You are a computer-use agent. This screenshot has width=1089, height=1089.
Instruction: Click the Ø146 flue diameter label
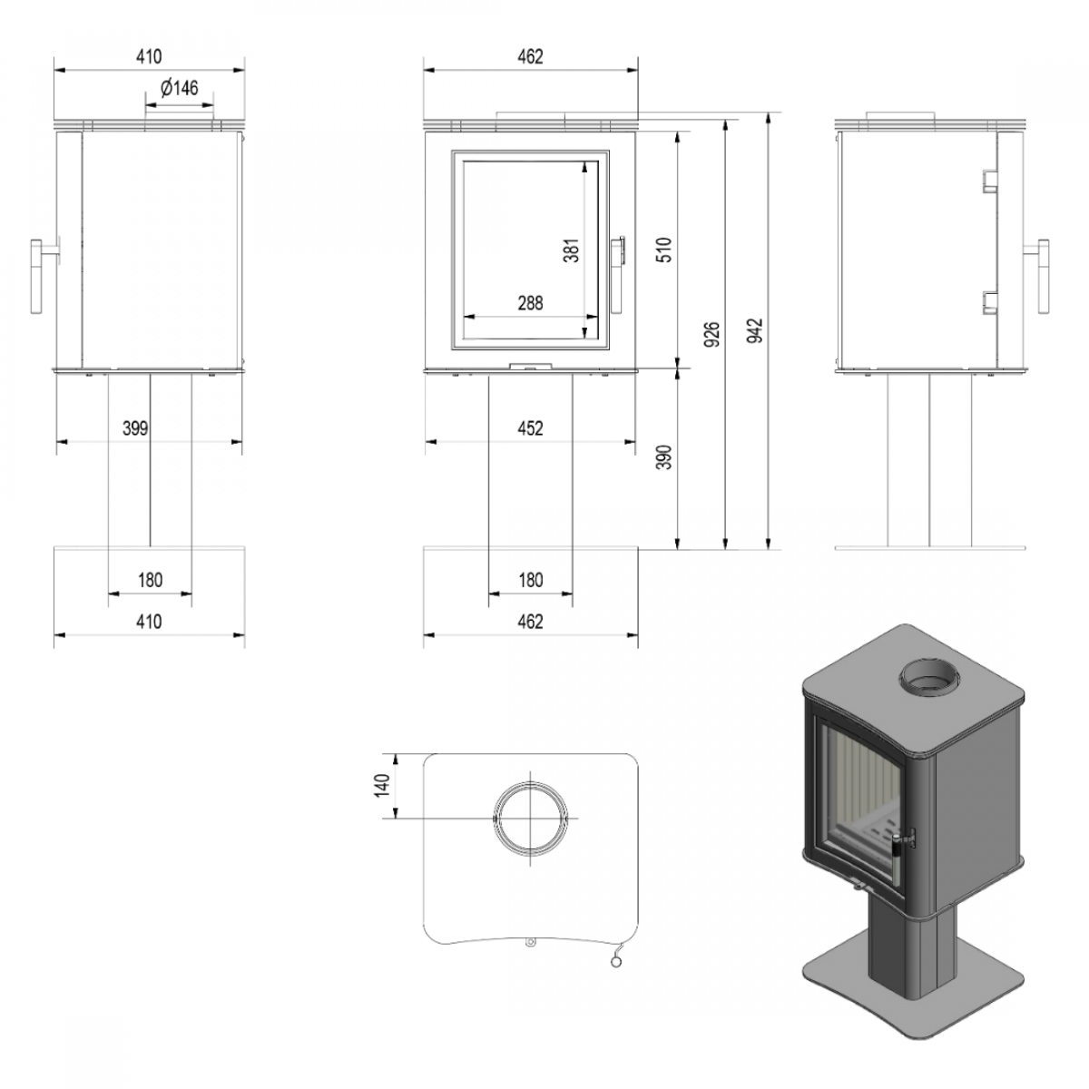[x=179, y=88]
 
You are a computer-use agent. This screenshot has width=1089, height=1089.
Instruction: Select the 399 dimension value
[x=135, y=427]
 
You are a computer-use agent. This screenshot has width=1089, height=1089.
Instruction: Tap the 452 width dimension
[x=530, y=427]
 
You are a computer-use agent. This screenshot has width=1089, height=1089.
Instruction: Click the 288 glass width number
[x=530, y=303]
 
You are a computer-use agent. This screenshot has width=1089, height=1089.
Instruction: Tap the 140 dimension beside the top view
[x=382, y=784]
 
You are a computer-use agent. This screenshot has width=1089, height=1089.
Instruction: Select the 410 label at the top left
[x=149, y=56]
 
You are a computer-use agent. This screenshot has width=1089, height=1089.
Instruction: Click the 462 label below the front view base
[x=530, y=622]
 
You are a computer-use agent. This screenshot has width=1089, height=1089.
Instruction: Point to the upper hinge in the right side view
[x=987, y=181]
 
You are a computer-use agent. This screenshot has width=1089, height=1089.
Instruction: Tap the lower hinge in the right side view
[x=987, y=303]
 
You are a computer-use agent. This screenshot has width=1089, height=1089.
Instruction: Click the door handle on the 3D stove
[x=901, y=844]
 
